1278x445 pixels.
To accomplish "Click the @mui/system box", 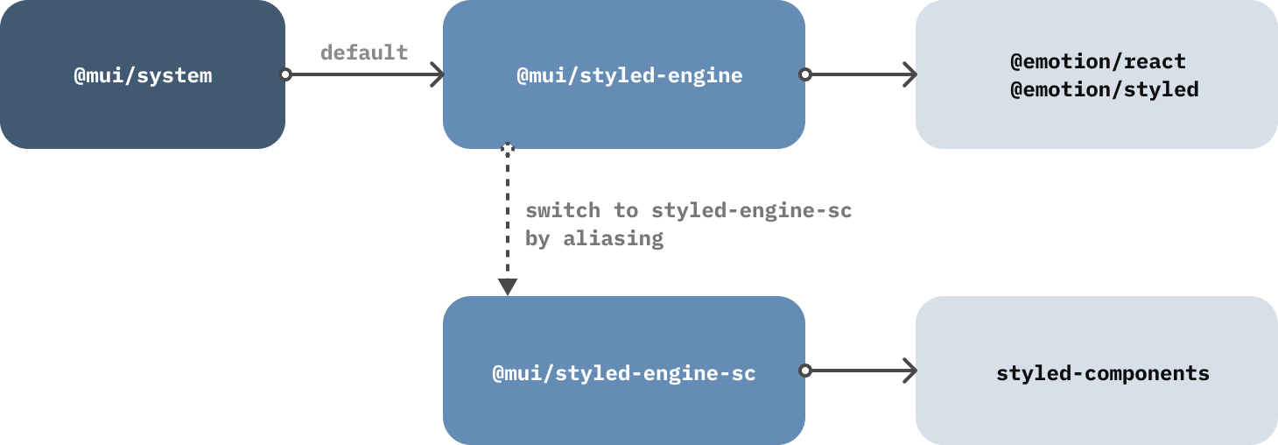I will (x=142, y=74).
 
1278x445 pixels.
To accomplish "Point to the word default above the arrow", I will (x=364, y=53).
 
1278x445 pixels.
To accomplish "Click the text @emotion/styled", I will (x=1104, y=89).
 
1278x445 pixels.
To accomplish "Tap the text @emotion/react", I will (x=1098, y=62).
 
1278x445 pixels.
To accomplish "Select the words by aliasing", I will (x=593, y=238).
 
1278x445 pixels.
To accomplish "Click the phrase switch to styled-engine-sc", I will (x=688, y=211).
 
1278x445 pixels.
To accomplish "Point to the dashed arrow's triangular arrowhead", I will (x=508, y=287).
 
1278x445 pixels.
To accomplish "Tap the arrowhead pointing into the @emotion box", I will (x=910, y=75).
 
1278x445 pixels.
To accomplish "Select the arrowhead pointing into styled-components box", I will (x=910, y=371).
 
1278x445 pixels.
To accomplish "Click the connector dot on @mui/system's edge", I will (x=285, y=75).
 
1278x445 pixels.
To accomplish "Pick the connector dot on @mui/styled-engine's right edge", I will (x=805, y=75).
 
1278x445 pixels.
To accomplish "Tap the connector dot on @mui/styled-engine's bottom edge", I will (x=508, y=149).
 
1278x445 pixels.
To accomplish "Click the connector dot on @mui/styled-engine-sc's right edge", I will (x=805, y=371).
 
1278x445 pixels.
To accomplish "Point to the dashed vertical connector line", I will (x=508, y=219).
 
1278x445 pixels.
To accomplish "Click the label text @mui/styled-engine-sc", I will (x=623, y=373).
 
